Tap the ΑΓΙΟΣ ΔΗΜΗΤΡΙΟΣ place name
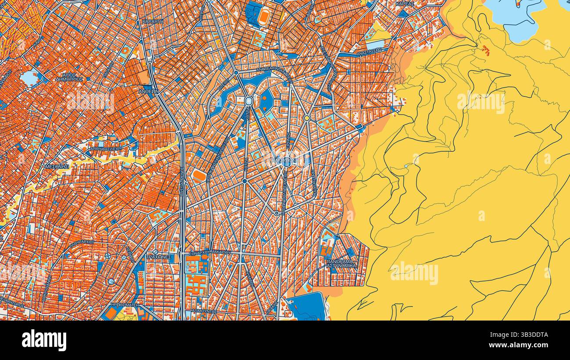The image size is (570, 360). click(x=70, y=77)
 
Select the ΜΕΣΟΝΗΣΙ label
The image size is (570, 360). click(x=57, y=167)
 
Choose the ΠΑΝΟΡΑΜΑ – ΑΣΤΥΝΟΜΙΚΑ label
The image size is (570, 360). click(x=341, y=263)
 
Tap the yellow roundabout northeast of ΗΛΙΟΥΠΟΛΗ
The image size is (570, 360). click(x=307, y=118)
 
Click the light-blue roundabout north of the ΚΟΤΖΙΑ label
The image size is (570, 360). click(x=249, y=101)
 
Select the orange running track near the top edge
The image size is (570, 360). click(x=263, y=17)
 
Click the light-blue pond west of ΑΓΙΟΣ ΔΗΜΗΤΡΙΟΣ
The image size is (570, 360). click(x=29, y=78)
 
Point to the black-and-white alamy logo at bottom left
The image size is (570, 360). click(x=44, y=340)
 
